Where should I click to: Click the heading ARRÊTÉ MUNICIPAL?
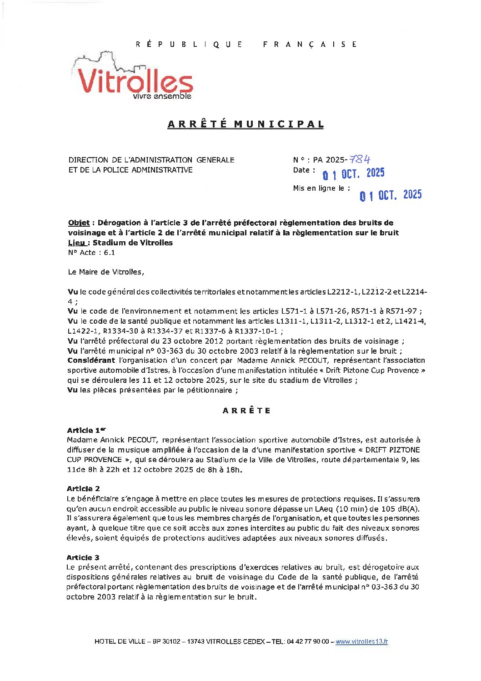246,124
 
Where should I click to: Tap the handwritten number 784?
360,159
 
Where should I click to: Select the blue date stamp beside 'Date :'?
353,173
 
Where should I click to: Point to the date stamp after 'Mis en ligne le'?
391,195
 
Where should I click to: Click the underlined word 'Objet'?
79,223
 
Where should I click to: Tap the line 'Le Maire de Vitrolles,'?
105,272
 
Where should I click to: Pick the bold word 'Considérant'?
91,361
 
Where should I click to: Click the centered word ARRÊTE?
246,411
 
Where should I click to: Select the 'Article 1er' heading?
86,430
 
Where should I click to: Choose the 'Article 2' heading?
83,488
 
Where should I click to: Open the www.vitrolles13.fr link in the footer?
361,641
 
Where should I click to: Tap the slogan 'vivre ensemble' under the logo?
162,97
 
